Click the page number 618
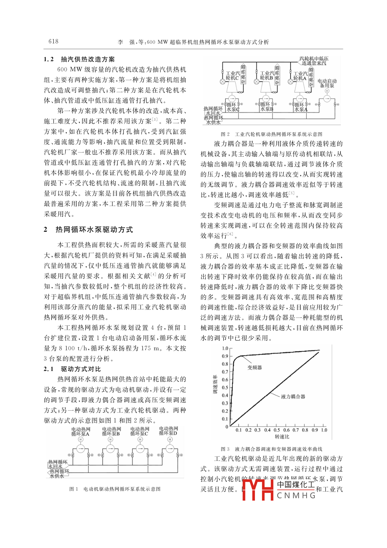pos(53,41)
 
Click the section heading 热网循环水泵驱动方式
pos(94,230)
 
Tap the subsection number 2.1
pos(49,369)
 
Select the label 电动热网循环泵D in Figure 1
pos(168,431)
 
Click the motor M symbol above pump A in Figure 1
pos(81,439)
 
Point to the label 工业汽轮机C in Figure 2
pos(232,76)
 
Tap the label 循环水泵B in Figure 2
pos(266,107)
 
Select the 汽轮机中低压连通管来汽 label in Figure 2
pos(314,61)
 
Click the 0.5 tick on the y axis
pos(225,388)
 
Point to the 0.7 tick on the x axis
pos(296,430)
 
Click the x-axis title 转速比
pos(282,437)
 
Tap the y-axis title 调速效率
pos(215,384)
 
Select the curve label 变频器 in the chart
pos(255,368)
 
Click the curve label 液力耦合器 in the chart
pos(293,397)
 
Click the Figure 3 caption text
pos(271,449)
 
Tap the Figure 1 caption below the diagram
pos(115,489)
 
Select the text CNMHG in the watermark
pos(296,495)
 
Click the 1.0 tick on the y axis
pos(225,348)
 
